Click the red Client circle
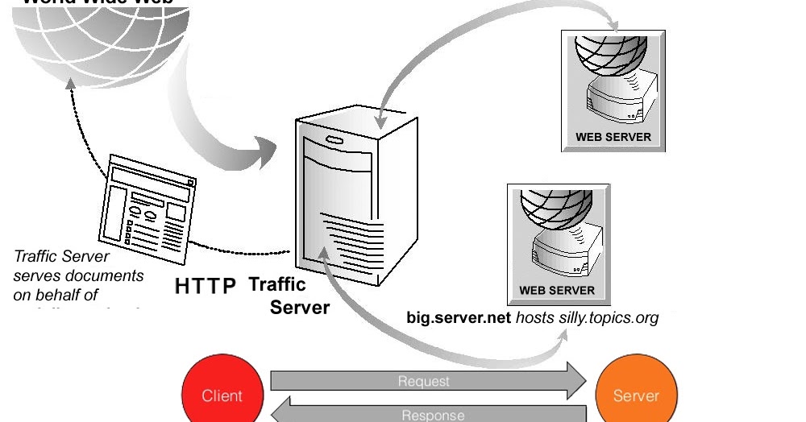[222, 395]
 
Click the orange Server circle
[636, 395]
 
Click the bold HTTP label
[206, 286]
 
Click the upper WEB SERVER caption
[613, 137]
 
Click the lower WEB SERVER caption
[557, 290]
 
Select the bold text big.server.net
[459, 317]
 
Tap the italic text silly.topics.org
[609, 317]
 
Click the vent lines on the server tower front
[347, 238]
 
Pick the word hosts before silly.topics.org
[535, 317]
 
